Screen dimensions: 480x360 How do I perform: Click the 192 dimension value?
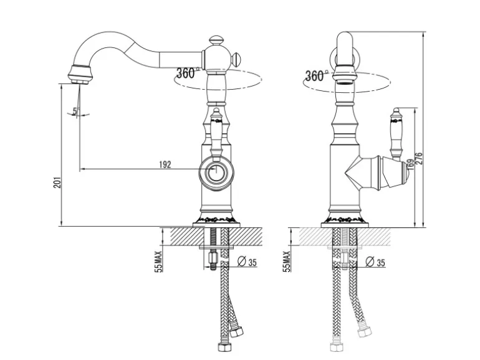pos(165,165)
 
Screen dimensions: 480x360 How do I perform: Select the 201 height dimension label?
pos(57,182)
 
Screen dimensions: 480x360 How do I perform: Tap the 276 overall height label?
pos(419,158)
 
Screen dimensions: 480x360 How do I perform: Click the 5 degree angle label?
pos(74,111)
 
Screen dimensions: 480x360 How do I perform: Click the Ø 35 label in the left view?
pos(247,262)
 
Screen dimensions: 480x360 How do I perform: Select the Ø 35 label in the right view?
pos(375,262)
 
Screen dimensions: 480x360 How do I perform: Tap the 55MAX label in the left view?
pos(159,262)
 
